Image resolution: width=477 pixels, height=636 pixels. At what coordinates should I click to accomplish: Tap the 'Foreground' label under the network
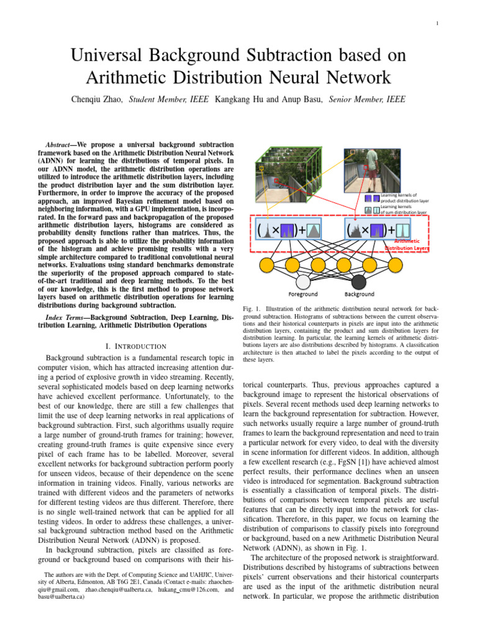pyautogui.click(x=303, y=294)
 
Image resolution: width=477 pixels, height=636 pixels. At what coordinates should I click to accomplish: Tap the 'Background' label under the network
pyautogui.click(x=360, y=294)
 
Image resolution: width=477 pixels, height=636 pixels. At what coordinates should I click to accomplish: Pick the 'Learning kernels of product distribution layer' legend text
pyautogui.click(x=404, y=198)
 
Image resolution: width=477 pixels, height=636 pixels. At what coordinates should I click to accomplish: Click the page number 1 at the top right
pyautogui.click(x=438, y=24)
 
